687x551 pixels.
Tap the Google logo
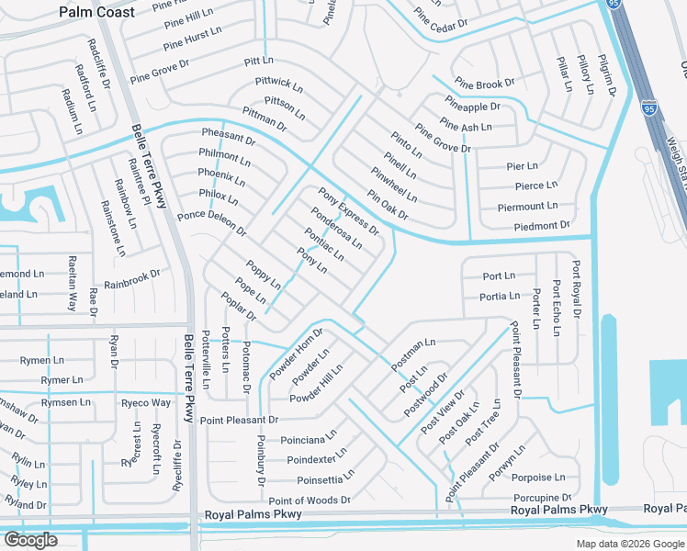point(30,540)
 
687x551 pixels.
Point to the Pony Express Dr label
point(348,210)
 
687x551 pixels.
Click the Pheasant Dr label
point(228,137)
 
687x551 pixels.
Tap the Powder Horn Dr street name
point(296,354)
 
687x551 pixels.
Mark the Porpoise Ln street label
point(538,478)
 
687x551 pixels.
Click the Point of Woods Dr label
point(310,500)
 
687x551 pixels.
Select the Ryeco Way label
point(146,403)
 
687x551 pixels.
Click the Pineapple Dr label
point(472,107)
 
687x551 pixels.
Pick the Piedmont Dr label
point(542,225)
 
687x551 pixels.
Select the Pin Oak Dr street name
point(388,205)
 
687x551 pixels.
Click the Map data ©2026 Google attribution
point(630,544)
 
